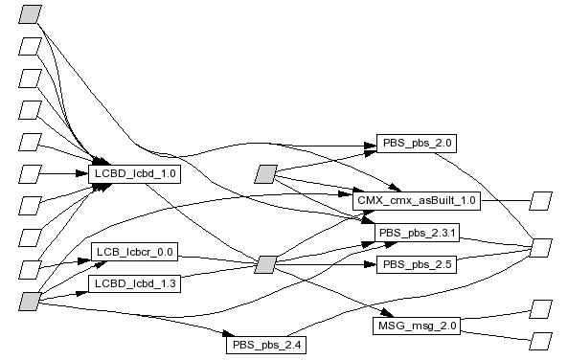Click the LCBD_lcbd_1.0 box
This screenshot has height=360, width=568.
(x=135, y=174)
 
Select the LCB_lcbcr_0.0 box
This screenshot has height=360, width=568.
(x=135, y=252)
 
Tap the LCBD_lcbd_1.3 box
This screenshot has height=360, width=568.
(x=135, y=283)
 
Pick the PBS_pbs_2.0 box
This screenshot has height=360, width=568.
(x=417, y=144)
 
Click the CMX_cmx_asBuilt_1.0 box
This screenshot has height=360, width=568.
(x=417, y=201)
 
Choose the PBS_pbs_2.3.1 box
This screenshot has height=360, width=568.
(x=417, y=233)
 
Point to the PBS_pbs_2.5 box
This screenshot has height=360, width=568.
(x=417, y=264)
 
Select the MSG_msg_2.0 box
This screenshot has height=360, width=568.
(x=417, y=326)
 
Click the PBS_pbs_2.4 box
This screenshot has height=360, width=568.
(x=266, y=345)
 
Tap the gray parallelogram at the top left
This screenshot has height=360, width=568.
(x=30, y=14)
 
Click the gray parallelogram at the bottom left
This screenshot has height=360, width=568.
(x=30, y=302)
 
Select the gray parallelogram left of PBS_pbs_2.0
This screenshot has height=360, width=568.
(x=266, y=174)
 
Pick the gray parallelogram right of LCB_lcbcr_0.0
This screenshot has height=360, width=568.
(x=266, y=265)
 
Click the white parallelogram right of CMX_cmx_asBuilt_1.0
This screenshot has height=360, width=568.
(x=541, y=201)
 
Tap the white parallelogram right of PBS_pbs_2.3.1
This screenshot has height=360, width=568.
(x=541, y=248)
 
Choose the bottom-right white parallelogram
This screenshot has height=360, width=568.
(x=541, y=342)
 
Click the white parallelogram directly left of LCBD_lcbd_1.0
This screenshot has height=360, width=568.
(x=30, y=174)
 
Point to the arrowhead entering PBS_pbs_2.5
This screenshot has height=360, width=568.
(x=371, y=264)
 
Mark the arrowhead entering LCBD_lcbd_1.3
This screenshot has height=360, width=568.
(x=82, y=293)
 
